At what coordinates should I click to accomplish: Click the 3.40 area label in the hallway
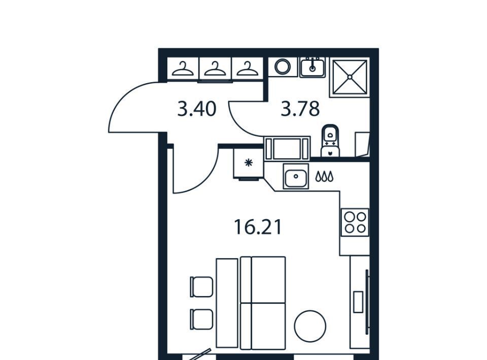197,109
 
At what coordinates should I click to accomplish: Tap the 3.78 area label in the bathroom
300,109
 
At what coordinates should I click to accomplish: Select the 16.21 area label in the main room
258,227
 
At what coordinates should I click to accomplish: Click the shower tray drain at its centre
350,77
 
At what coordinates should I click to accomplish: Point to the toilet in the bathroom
330,140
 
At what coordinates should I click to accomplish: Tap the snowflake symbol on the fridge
249,163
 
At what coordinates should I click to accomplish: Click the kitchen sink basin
296,176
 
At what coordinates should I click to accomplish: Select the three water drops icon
324,176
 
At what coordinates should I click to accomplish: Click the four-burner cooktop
355,222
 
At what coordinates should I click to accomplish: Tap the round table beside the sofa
310,326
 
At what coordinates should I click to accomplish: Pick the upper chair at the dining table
201,287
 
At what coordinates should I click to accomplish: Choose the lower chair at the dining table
201,319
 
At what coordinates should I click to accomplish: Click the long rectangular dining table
227,303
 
